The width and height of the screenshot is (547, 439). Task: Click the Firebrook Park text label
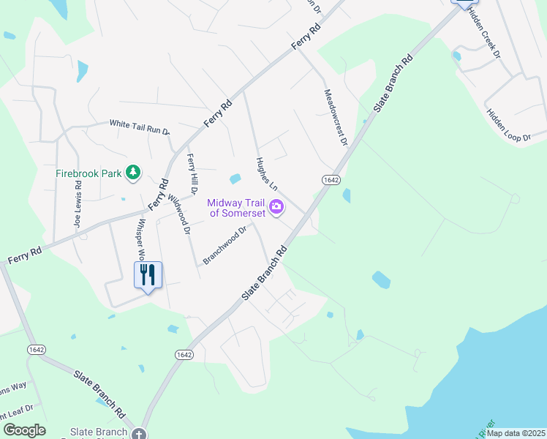tap(88, 174)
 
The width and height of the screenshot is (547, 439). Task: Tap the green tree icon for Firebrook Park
tap(133, 173)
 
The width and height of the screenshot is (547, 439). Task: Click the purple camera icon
tap(276, 207)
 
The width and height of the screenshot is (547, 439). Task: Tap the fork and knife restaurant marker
tap(148, 276)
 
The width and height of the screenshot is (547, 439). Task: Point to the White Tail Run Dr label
tap(140, 127)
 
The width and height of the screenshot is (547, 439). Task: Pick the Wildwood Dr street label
tap(178, 213)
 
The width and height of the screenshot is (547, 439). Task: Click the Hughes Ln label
tap(265, 174)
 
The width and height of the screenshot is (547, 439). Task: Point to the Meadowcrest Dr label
tap(334, 117)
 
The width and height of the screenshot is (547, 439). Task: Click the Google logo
tap(24, 430)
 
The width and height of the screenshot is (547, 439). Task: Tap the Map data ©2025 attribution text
tap(515, 433)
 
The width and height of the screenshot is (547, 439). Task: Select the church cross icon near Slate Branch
tap(139, 433)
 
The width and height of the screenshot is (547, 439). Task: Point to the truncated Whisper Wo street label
tap(139, 240)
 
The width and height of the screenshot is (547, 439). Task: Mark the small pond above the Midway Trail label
tap(235, 179)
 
